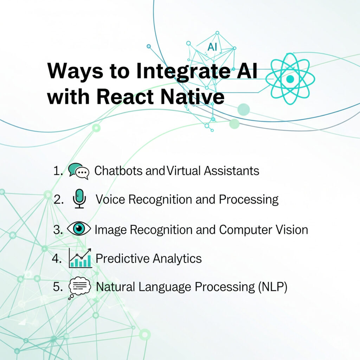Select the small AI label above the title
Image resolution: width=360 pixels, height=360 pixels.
(212, 47)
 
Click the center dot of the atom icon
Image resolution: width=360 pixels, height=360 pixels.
(290, 79)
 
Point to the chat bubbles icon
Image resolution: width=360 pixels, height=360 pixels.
(79, 171)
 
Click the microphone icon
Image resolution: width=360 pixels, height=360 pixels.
(80, 199)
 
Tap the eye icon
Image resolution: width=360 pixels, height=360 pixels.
(79, 229)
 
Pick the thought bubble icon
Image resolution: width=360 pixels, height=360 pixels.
(79, 288)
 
